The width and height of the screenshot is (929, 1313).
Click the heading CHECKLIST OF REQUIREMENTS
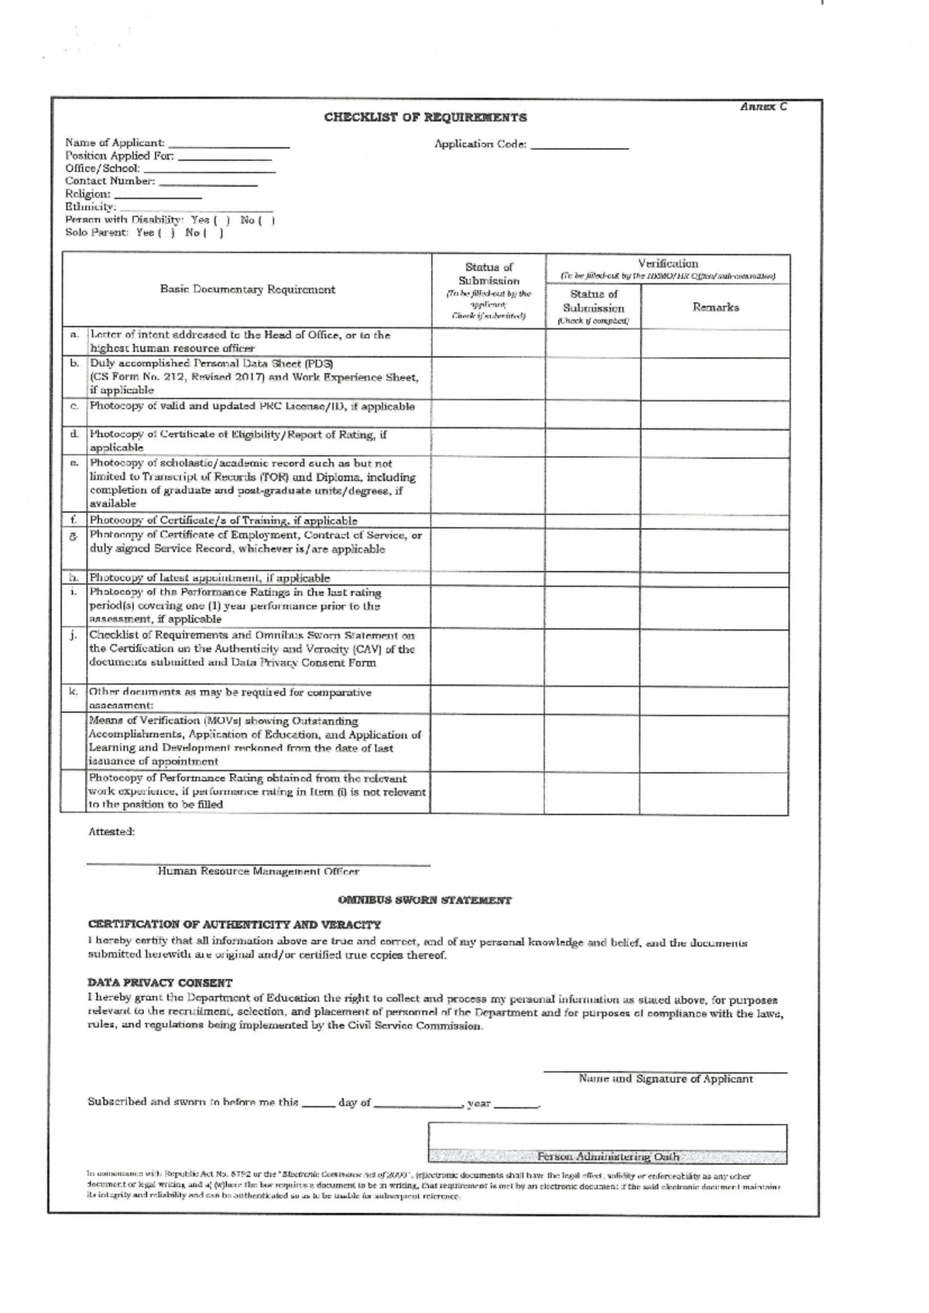tap(425, 118)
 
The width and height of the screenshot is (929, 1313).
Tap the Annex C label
tap(763, 107)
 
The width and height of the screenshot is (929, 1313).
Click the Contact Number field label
tap(110, 181)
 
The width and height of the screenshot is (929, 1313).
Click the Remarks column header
tap(715, 308)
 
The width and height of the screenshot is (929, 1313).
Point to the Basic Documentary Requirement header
tap(248, 290)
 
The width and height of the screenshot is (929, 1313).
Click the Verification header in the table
tap(667, 264)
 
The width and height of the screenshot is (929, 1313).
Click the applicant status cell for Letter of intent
tap(488, 342)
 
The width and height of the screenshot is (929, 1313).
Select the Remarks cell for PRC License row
tap(715, 414)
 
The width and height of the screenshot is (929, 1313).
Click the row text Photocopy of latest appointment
tap(210, 578)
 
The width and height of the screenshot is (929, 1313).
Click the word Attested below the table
tap(111, 831)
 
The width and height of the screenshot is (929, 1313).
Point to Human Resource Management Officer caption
tap(259, 871)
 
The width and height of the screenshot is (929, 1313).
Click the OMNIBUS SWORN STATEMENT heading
tap(425, 901)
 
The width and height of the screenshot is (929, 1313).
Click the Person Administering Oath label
tap(608, 1157)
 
